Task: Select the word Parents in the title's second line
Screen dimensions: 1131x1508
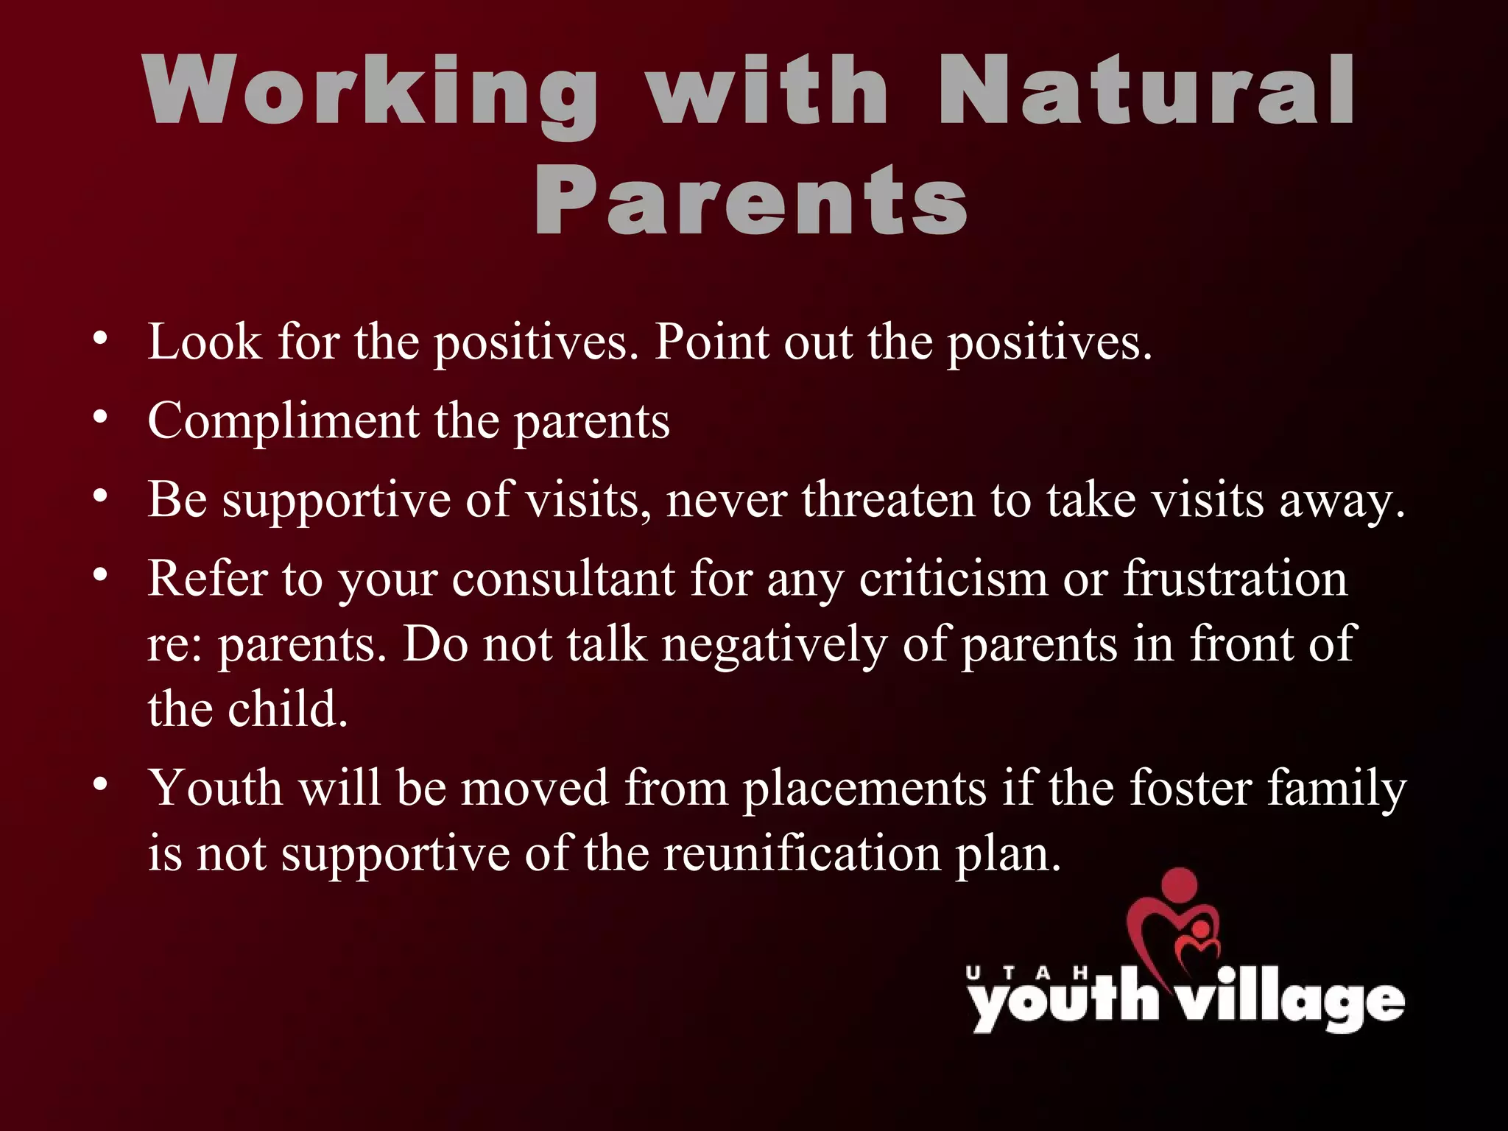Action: coord(751,200)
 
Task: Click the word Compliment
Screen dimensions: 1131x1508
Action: coord(283,421)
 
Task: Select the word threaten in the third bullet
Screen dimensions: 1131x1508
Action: coord(888,500)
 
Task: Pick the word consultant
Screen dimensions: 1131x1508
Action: coord(563,579)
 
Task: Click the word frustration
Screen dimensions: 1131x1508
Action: coord(1235,579)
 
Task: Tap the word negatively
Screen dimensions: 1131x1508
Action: coord(773,645)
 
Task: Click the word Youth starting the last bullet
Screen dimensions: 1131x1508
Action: coord(216,788)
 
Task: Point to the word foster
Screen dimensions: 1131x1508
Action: coord(1190,788)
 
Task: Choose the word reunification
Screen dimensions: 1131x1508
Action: coord(803,854)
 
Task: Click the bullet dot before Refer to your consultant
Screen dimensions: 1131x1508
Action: coord(101,575)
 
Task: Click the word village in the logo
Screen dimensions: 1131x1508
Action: coord(1289,1001)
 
